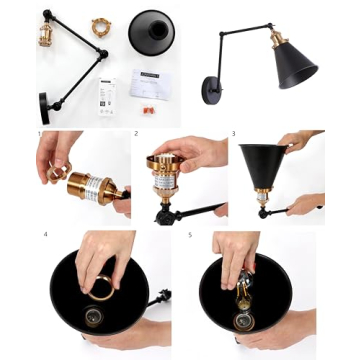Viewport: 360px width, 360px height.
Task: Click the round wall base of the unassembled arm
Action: coord(44,103)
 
